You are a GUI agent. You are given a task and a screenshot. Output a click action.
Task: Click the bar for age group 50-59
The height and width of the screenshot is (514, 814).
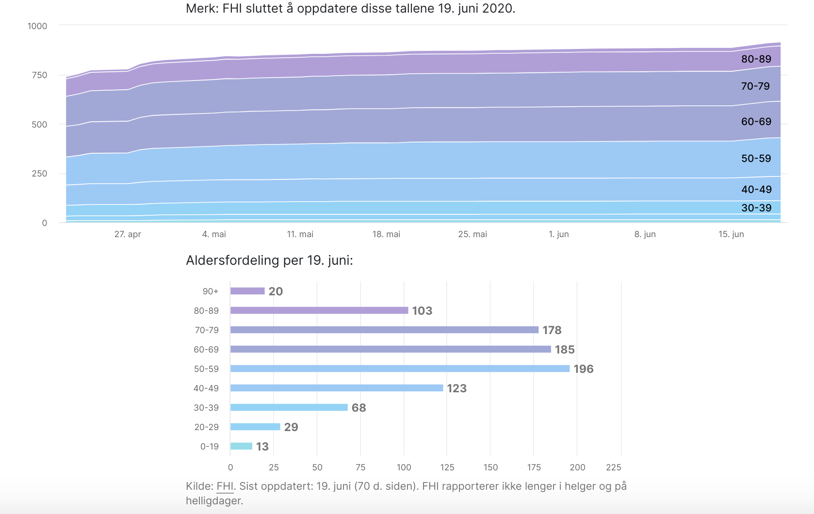tap(400, 369)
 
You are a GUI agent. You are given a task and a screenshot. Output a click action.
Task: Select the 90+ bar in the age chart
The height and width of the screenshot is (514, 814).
tap(247, 291)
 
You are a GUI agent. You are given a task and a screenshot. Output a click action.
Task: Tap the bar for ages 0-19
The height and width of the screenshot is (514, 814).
tap(241, 446)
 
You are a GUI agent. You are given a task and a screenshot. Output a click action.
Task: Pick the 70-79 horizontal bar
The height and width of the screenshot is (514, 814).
tap(384, 330)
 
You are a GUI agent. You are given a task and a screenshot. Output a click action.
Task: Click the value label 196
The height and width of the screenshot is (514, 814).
tap(583, 369)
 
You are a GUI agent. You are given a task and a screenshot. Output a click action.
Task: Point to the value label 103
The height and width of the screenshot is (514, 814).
tap(422, 311)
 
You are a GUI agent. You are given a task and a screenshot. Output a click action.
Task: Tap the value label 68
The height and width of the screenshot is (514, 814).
tap(358, 408)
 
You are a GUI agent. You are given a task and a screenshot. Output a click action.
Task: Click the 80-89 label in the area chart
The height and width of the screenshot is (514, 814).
tap(756, 59)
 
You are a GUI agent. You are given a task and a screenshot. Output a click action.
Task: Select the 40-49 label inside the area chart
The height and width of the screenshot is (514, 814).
tap(756, 190)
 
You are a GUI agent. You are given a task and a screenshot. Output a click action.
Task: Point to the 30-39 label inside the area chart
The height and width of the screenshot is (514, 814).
tap(756, 208)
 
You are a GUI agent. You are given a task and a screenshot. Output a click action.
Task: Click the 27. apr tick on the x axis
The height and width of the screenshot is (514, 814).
tap(128, 234)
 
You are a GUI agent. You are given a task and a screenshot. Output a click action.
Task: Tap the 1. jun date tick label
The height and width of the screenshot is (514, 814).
tap(558, 234)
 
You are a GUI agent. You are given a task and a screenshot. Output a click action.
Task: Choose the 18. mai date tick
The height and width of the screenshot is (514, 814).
tap(386, 234)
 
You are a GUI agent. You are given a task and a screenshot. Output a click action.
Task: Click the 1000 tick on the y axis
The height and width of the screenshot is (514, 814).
tap(37, 26)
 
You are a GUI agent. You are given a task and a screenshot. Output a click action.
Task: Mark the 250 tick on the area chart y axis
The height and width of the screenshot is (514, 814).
tap(39, 174)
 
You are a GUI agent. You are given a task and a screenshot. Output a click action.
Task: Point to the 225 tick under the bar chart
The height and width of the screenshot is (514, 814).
tap(613, 467)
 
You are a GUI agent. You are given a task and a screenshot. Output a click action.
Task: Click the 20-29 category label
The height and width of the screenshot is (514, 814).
tap(206, 427)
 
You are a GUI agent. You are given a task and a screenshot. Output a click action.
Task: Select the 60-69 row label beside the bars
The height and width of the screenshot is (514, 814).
tap(206, 350)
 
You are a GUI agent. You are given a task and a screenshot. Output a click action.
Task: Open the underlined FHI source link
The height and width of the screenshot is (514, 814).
tap(225, 486)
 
